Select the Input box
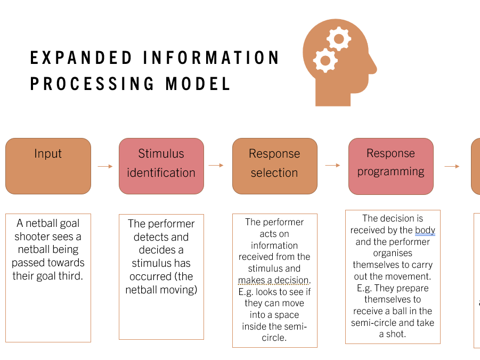click(48, 166)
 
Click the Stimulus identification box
click(161, 166)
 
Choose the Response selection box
click(274, 166)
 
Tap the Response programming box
click(390, 166)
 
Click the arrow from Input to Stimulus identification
click(105, 166)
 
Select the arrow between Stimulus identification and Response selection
click(216, 166)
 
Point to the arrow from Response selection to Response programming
click(332, 166)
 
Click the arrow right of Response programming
click(452, 166)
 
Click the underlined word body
click(425, 230)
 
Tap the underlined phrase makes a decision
click(273, 280)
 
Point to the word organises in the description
click(393, 253)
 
